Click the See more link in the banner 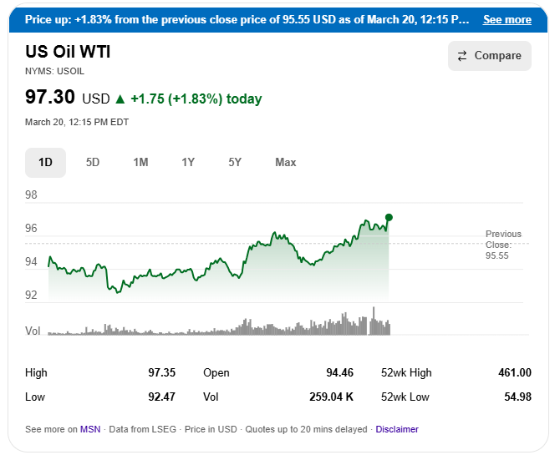tap(507, 19)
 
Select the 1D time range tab tap(45, 162)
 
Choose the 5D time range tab tap(93, 162)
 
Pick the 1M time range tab tap(140, 162)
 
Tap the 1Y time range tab tap(188, 162)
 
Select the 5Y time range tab tap(236, 162)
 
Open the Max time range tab tap(286, 162)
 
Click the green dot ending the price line tap(389, 217)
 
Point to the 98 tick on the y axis tap(32, 195)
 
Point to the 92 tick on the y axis tap(32, 295)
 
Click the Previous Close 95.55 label tap(503, 245)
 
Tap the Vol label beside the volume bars tap(33, 331)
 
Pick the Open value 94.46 tap(339, 372)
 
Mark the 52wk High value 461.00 tap(514, 372)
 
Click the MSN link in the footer tap(90, 429)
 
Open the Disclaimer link tap(397, 429)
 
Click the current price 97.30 tap(50, 98)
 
